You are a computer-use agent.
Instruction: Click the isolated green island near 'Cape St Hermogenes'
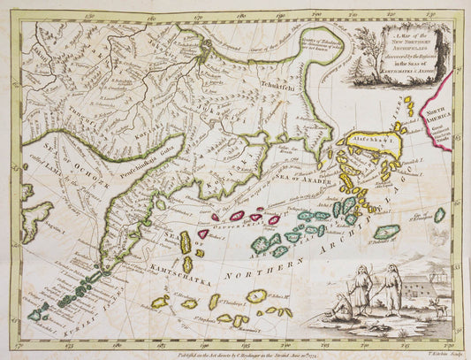439,215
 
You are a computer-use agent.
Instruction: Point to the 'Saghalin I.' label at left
34,227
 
